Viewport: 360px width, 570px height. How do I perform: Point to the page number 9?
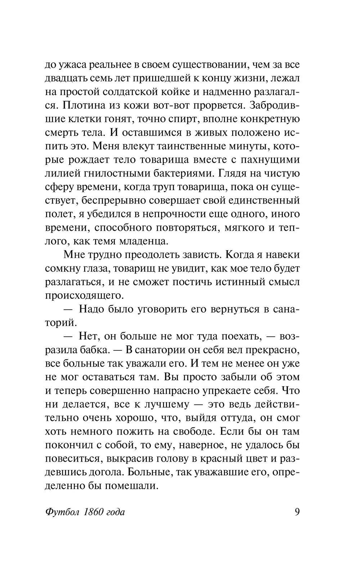297,512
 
